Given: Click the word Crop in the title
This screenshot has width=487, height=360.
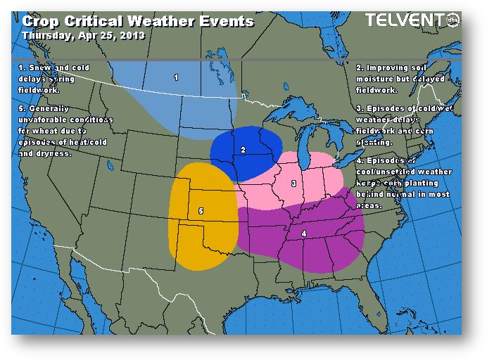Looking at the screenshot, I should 39,20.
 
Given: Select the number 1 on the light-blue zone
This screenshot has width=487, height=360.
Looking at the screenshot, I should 176,77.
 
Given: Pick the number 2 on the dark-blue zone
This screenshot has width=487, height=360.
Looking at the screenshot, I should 243,150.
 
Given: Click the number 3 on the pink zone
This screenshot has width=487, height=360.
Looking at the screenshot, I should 293,184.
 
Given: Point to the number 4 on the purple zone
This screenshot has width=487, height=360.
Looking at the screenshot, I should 304,233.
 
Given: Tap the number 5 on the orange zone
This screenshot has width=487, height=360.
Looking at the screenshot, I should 201,211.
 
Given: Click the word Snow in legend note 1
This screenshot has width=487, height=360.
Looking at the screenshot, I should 39,67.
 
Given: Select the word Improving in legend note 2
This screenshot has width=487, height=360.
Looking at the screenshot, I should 391,67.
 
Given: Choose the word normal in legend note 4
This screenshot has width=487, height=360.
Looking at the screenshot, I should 411,195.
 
